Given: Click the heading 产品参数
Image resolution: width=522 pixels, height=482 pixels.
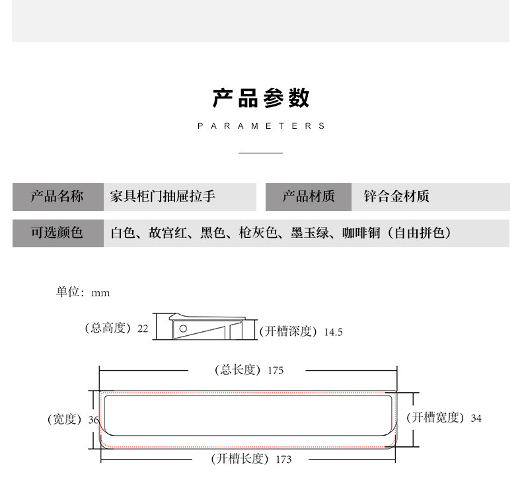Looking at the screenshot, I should (x=261, y=99).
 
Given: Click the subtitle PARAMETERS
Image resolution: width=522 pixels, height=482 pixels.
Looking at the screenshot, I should (x=261, y=126).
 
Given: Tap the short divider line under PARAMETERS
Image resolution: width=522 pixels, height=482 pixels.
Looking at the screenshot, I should (x=260, y=153).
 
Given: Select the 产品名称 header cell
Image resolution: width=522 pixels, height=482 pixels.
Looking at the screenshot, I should (x=57, y=196).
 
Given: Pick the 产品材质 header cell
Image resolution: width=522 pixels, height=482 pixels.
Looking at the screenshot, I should (x=309, y=196).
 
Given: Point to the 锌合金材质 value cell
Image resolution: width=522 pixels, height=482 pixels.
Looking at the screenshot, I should (x=396, y=196).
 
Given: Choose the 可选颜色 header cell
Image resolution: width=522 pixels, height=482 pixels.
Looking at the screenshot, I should (x=57, y=233).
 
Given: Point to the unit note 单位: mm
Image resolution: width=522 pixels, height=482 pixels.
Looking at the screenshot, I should (x=83, y=292).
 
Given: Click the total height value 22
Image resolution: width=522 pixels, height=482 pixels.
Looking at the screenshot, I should (x=143, y=328).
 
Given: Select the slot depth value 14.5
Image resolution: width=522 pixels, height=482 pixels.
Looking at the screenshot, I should (x=333, y=332).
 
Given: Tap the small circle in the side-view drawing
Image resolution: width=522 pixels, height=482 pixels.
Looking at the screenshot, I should (x=184, y=328).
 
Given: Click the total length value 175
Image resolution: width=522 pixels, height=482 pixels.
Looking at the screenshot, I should (x=276, y=370).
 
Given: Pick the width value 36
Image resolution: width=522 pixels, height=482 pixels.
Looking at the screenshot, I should (x=93, y=420).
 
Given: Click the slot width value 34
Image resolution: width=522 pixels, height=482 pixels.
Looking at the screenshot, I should (x=476, y=418).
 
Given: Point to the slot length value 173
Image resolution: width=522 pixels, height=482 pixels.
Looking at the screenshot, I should (x=283, y=459).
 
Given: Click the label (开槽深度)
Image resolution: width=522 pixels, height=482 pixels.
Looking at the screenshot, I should (x=289, y=331).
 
